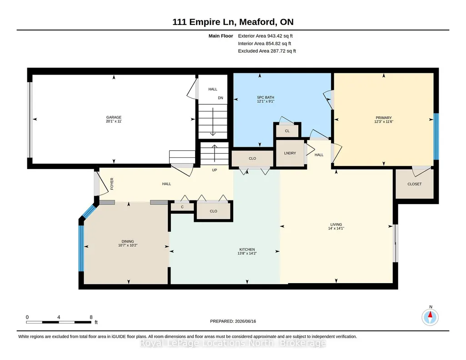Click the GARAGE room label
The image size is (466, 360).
(x=114, y=117)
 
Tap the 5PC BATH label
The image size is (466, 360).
(x=266, y=97)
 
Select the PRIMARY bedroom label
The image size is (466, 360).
(x=384, y=118)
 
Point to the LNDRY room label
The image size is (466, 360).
(x=290, y=153)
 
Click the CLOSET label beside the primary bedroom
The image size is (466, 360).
(x=415, y=184)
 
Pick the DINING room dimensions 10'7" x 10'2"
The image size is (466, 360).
(x=128, y=245)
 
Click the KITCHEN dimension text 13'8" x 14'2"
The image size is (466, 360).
(x=247, y=253)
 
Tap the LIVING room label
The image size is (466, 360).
(x=336, y=225)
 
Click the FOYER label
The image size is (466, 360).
(x=112, y=184)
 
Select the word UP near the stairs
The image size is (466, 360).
(x=215, y=170)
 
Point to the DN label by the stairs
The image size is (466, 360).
(x=220, y=98)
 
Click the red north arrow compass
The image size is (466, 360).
(x=430, y=317)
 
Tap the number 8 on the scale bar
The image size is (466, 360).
(x=91, y=317)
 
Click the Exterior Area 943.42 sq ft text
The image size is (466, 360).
(x=266, y=36)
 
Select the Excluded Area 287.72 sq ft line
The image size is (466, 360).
(x=267, y=51)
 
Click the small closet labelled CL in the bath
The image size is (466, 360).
(x=287, y=131)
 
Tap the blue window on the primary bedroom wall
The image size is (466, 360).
(x=436, y=136)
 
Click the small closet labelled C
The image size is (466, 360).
(x=182, y=207)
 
